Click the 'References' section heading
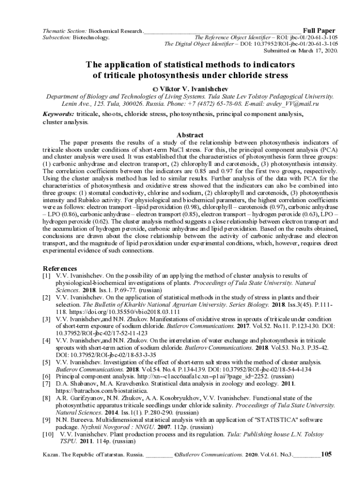pyautogui.click(x=60, y=269)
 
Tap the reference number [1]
pyautogui.click(x=47, y=276)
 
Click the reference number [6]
pyautogui.click(x=47, y=376)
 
